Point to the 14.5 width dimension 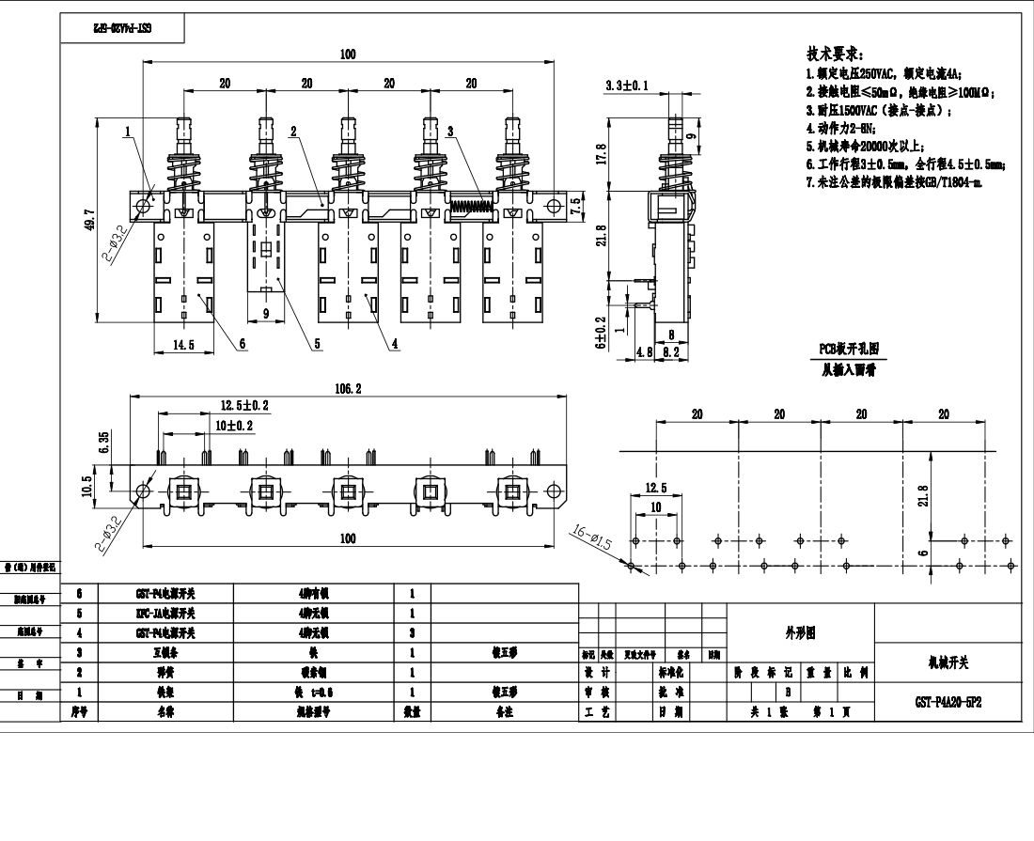[183, 345]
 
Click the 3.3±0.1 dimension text [627, 86]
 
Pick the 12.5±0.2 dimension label [244, 405]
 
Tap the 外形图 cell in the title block [800, 633]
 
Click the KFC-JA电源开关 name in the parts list [165, 614]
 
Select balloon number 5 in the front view [317, 344]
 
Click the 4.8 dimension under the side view [645, 352]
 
